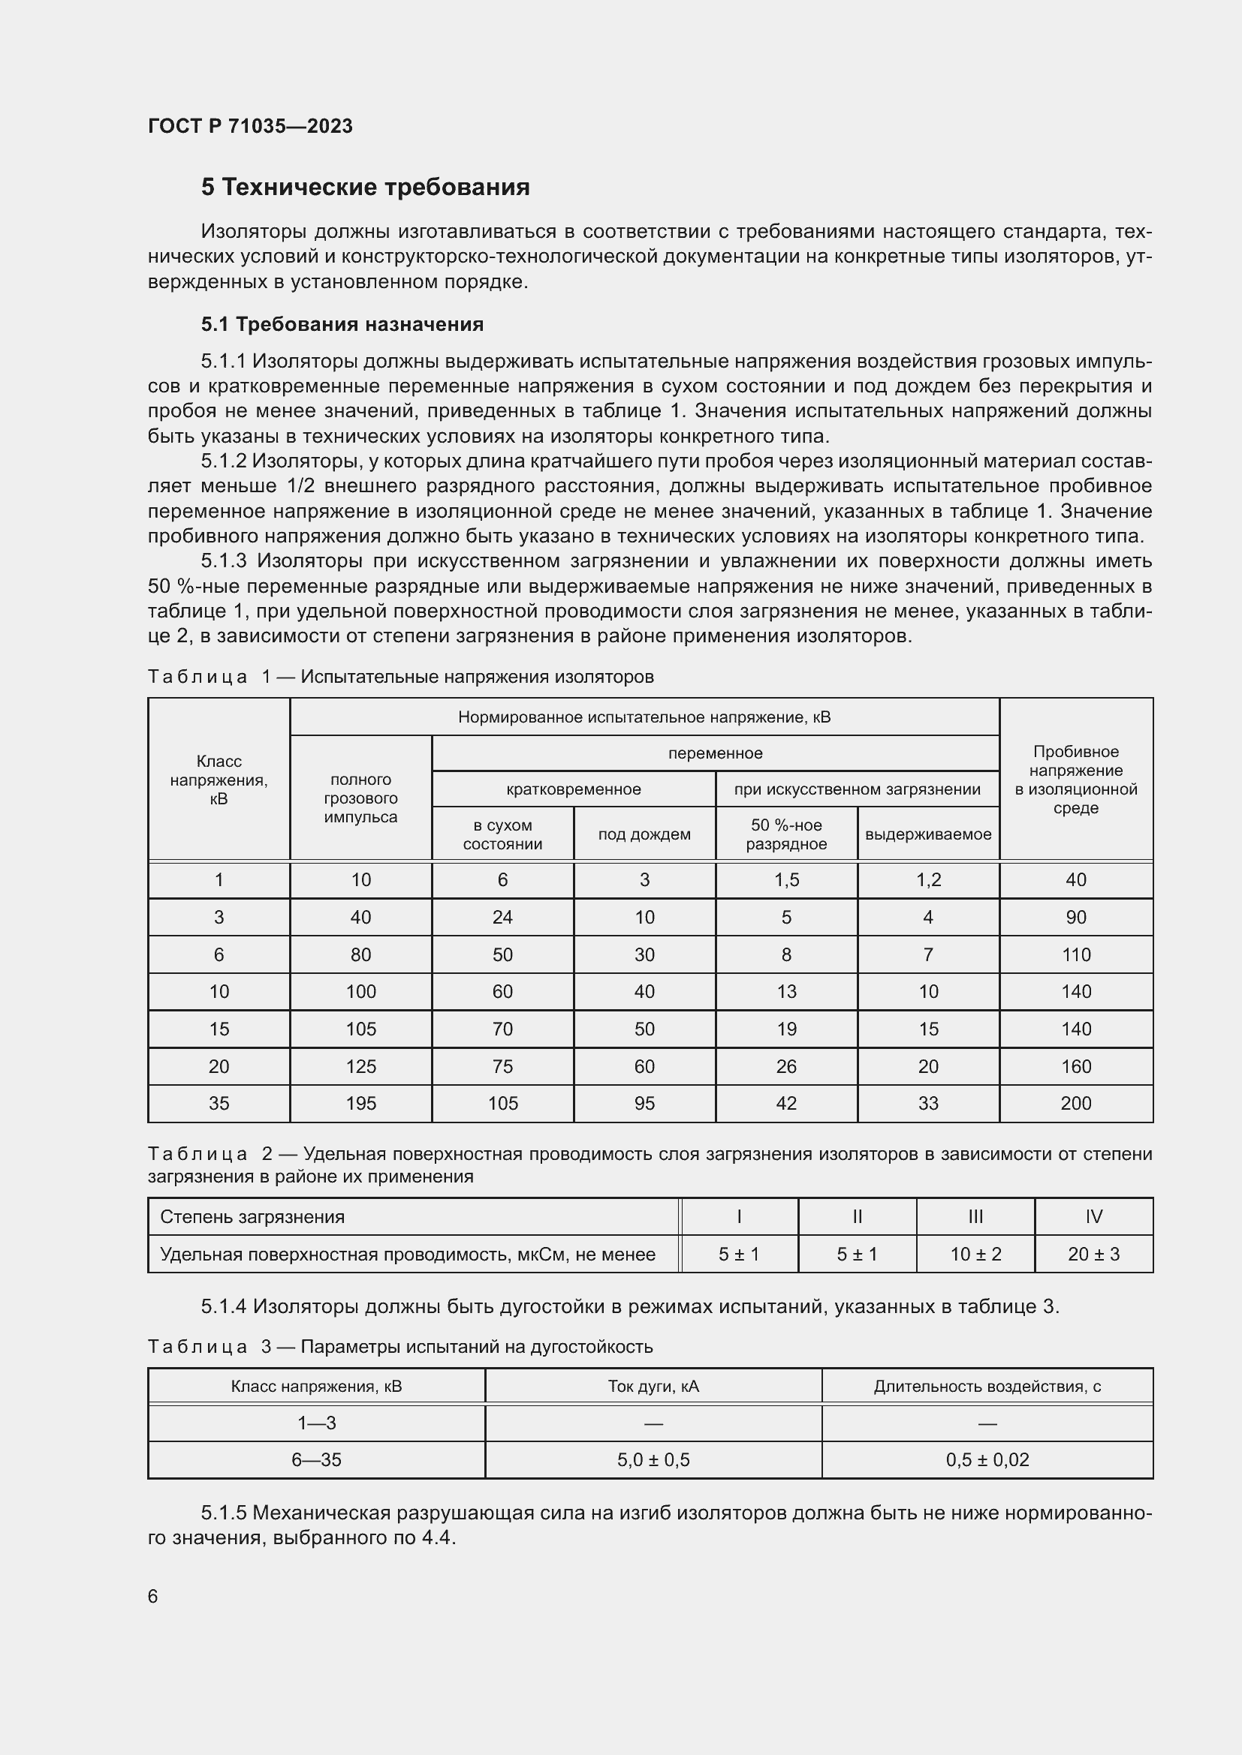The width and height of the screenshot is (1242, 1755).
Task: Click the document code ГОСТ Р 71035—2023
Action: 250,126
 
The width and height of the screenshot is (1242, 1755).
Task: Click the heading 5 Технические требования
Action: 365,188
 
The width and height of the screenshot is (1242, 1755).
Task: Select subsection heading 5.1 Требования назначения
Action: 342,324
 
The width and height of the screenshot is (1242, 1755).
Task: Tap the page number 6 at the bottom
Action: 153,1596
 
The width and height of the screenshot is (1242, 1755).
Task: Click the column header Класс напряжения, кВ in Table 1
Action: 219,780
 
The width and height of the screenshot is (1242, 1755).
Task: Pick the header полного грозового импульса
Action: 360,798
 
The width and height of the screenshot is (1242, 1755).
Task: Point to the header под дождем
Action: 644,834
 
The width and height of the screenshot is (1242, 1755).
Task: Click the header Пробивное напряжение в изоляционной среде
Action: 1075,780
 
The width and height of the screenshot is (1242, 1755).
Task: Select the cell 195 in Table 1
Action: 360,1103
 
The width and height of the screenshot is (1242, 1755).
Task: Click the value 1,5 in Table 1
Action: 786,880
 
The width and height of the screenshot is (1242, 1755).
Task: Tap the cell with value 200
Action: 1075,1103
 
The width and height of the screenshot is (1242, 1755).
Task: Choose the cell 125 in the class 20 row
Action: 360,1066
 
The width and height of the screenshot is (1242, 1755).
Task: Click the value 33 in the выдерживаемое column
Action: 927,1103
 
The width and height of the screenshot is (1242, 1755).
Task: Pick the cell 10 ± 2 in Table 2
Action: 975,1254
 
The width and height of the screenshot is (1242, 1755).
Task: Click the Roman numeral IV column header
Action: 1093,1216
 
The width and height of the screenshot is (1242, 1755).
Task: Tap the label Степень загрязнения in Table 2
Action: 252,1216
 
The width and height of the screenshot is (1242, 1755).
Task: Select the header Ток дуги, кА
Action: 653,1386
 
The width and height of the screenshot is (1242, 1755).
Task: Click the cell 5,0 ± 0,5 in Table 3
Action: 653,1460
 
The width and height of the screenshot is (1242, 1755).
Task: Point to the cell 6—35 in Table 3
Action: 316,1460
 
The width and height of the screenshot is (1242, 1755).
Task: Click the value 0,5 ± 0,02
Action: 987,1460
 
